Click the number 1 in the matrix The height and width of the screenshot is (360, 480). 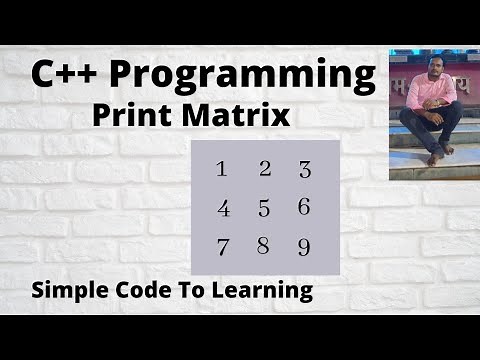click(x=222, y=168)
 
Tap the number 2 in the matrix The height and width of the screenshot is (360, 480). click(x=265, y=168)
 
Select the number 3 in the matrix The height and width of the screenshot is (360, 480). click(x=305, y=170)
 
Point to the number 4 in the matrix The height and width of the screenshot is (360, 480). click(x=223, y=209)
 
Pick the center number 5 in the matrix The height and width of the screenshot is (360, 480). click(x=264, y=209)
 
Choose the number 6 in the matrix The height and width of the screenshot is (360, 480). click(x=304, y=207)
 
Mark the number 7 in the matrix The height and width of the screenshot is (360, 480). click(x=222, y=247)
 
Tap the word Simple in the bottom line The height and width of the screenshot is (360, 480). click(x=72, y=292)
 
